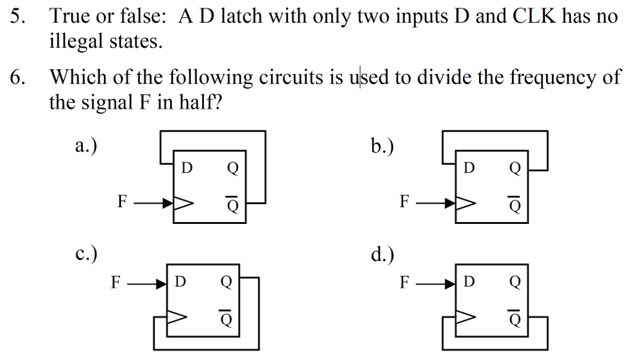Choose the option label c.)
coord(86,254)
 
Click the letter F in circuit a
coord(122,202)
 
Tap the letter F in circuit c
coord(116,282)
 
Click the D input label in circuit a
coord(187,168)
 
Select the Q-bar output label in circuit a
coord(232,205)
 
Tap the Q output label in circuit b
coord(514,168)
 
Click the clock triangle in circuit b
coord(465,202)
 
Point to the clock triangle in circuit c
coord(177,317)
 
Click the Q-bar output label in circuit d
coord(514,318)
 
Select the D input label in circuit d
coord(469,282)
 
